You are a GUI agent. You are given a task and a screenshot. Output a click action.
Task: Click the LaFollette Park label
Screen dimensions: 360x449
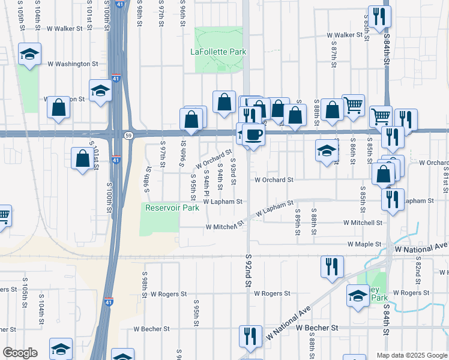[218, 52]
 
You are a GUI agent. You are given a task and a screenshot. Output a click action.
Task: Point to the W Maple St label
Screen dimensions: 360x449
[366, 244]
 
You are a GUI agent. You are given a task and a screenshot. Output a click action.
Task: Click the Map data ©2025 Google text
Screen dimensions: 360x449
[411, 355]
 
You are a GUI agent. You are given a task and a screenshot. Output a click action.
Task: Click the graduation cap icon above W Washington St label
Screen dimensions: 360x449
[29, 55]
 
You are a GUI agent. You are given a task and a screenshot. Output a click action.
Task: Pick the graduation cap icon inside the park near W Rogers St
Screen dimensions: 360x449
[358, 296]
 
